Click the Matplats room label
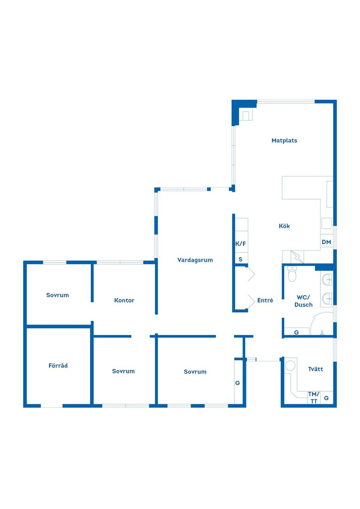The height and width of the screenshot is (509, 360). (284, 141)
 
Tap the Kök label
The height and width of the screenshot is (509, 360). (284, 226)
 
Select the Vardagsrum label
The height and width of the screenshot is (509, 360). (195, 260)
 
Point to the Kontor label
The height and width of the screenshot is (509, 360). (124, 300)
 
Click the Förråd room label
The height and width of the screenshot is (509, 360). (58, 365)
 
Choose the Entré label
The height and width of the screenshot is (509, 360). (265, 300)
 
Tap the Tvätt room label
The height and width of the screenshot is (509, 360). (315, 369)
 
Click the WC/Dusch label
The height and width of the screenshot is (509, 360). (303, 301)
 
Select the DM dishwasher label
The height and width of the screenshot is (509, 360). (326, 242)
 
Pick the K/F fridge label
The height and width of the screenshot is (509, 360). (240, 244)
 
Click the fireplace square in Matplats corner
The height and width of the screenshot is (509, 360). (247, 116)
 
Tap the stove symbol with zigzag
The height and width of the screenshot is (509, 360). (297, 257)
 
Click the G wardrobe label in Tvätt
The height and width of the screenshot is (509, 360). (326, 398)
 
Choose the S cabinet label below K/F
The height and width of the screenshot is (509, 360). (240, 259)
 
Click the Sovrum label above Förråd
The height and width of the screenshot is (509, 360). (57, 295)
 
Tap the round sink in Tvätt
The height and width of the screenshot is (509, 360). (290, 366)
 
